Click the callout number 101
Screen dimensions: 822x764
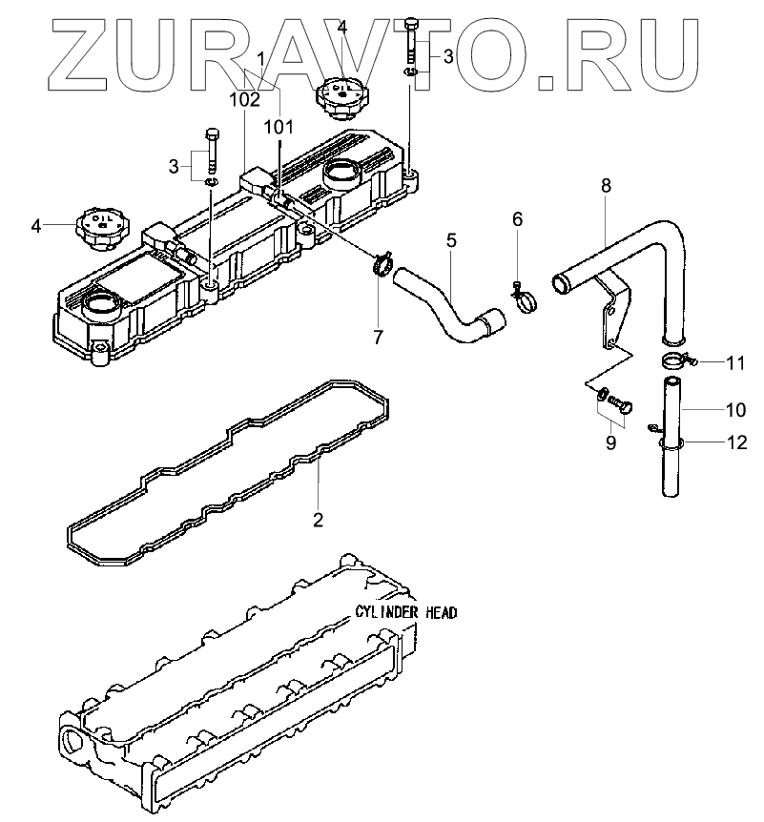(279, 126)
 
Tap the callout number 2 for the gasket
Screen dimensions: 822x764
(318, 520)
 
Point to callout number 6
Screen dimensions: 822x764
(518, 219)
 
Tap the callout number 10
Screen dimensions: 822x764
(734, 411)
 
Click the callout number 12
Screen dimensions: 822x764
(734, 442)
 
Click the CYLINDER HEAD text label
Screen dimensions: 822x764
(405, 612)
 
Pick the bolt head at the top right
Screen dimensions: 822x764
(412, 23)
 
